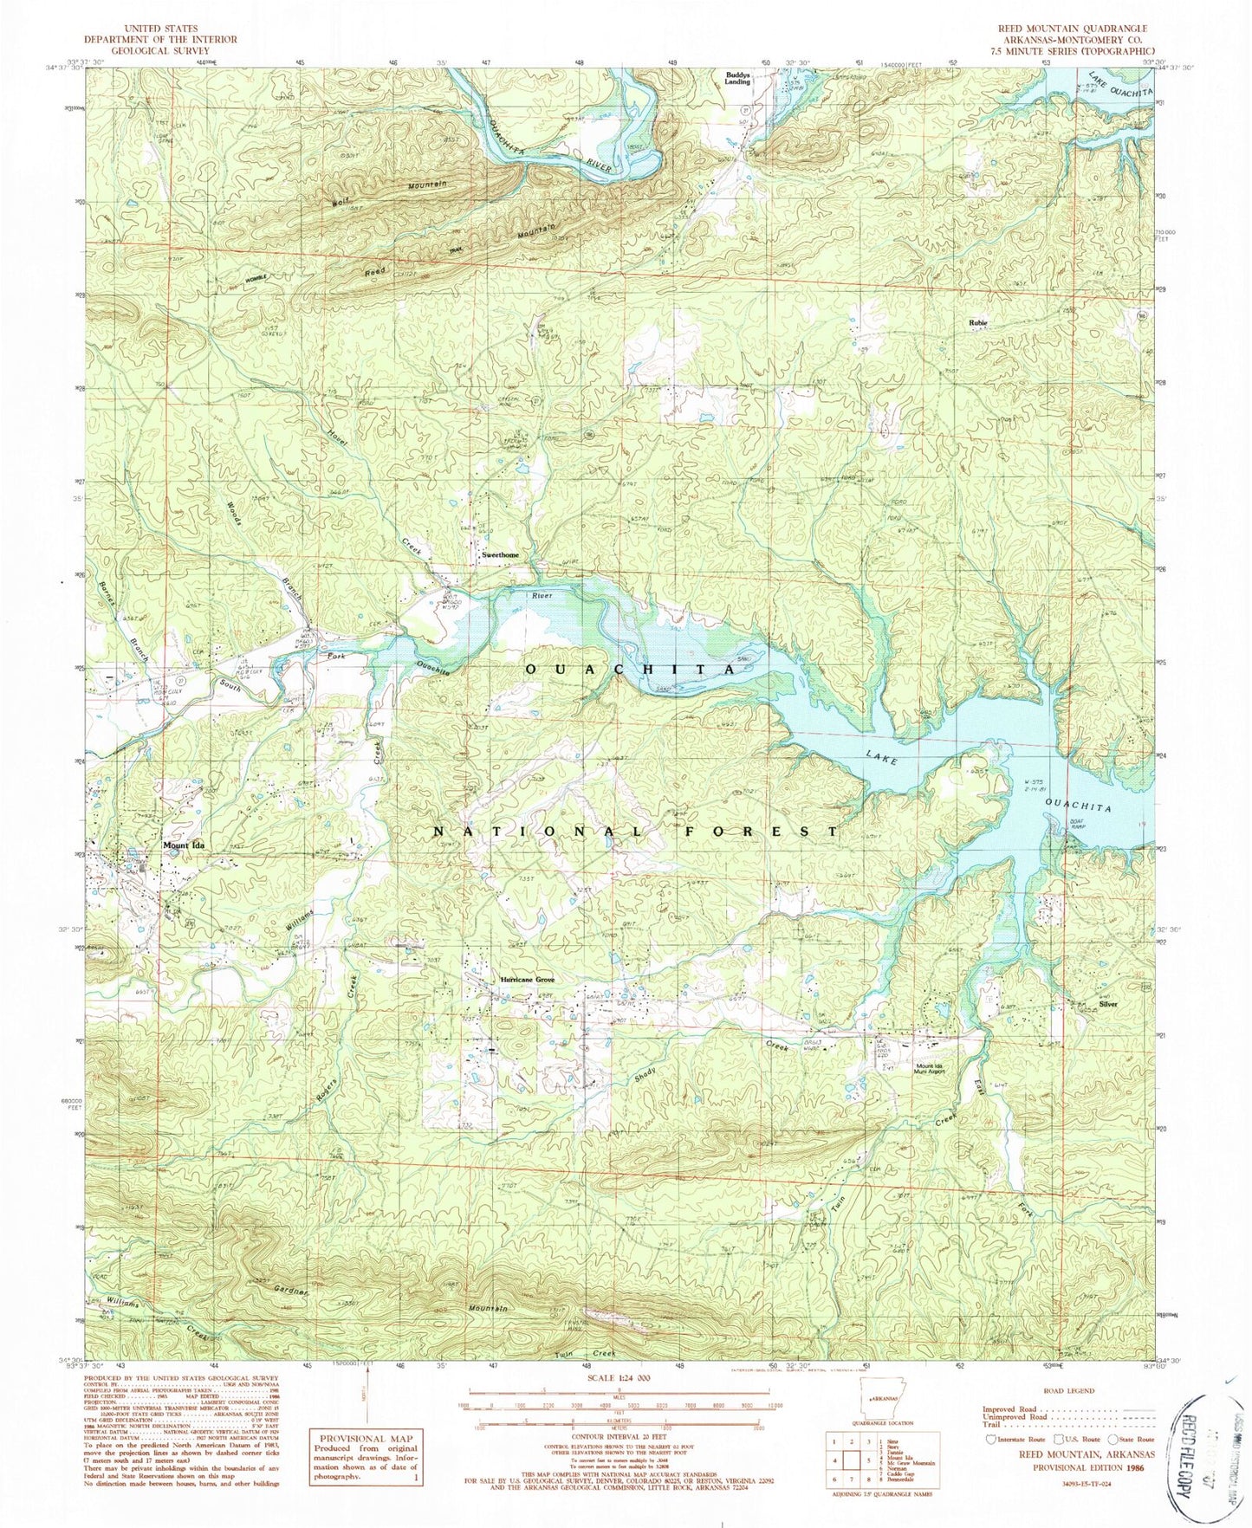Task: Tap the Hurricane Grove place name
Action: [527, 980]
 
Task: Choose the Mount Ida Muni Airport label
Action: [929, 1068]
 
